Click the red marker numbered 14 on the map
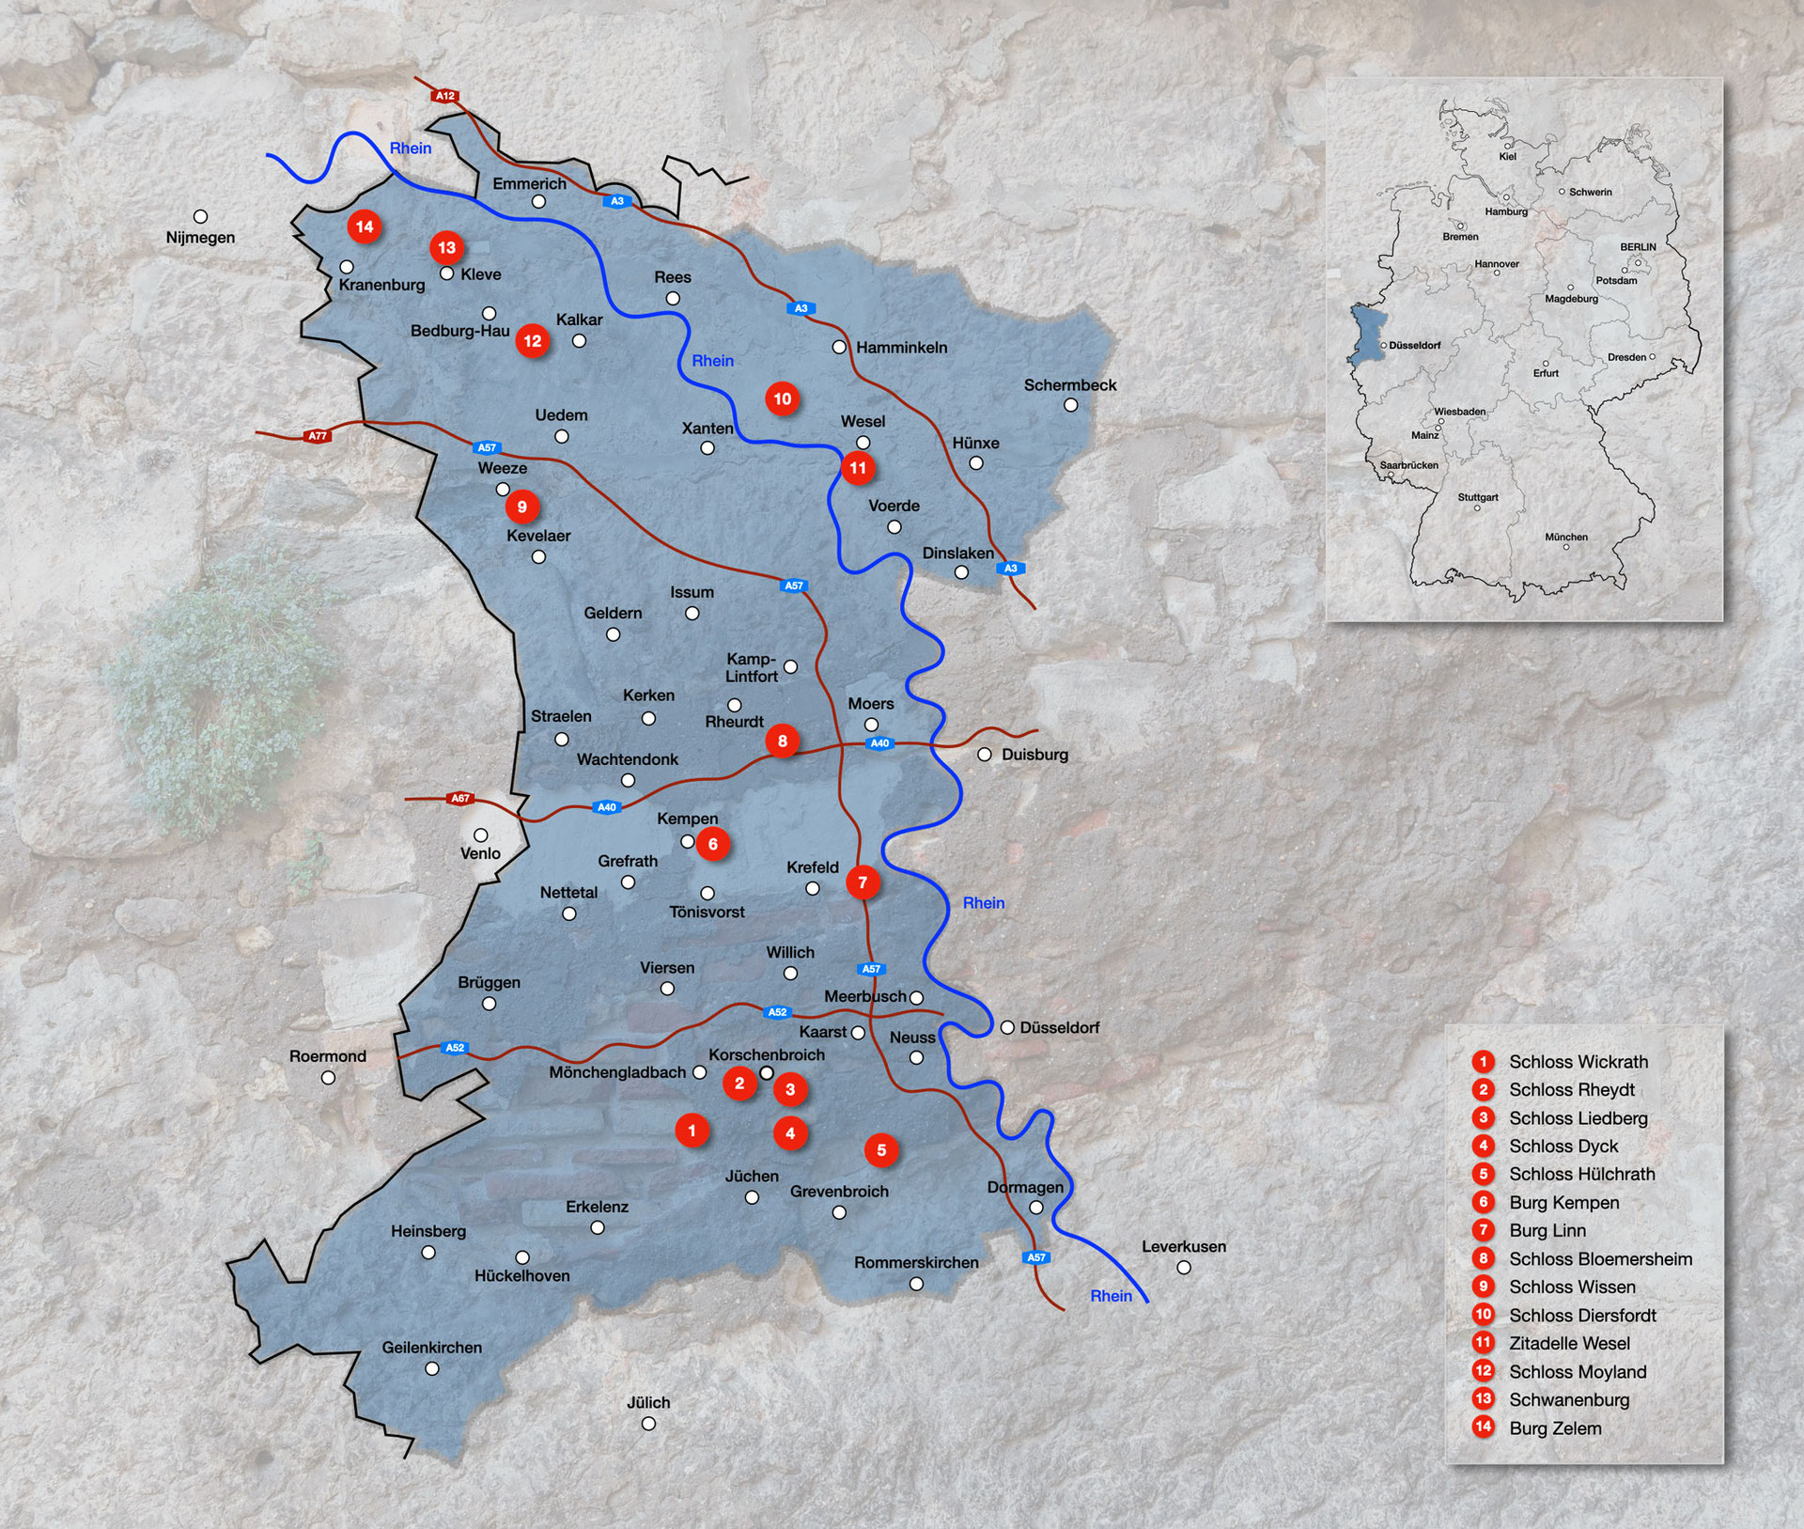click(365, 226)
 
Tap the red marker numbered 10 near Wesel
click(782, 398)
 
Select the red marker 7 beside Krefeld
click(863, 882)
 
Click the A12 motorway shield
click(444, 96)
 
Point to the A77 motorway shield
click(318, 436)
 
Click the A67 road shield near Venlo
click(459, 799)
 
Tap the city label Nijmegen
click(200, 238)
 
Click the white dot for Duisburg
click(985, 755)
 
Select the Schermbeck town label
click(1070, 385)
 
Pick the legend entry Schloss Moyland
click(1577, 1372)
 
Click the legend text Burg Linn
click(1547, 1231)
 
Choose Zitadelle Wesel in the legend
click(1569, 1344)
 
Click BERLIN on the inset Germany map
click(1638, 247)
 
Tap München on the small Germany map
click(1566, 538)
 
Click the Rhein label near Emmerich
click(411, 148)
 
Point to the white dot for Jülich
click(648, 1424)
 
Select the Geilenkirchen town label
click(431, 1348)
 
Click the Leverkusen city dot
click(1184, 1268)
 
